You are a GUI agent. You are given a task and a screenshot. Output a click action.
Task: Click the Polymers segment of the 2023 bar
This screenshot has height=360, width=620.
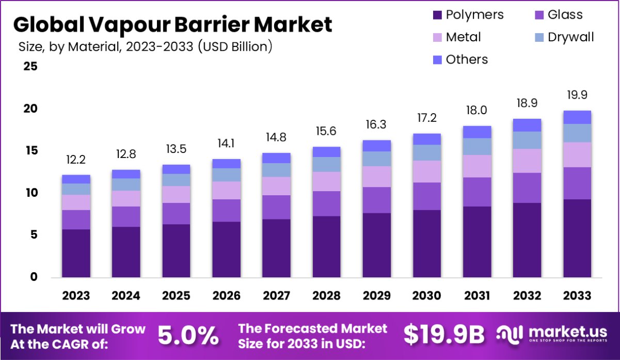tap(76, 253)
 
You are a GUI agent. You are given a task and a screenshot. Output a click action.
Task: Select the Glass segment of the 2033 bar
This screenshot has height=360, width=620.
tap(577, 183)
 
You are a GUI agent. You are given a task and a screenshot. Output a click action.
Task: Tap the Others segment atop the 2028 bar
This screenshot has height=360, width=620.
tap(326, 152)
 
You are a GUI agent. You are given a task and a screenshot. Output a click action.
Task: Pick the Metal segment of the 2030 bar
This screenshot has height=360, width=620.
tap(426, 171)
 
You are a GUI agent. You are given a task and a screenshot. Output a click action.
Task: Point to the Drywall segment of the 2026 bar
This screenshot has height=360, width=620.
tap(226, 175)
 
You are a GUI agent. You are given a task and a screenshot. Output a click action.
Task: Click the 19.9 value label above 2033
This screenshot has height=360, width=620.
tap(577, 95)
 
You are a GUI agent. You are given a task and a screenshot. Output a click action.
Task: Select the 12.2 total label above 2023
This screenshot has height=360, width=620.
tap(76, 160)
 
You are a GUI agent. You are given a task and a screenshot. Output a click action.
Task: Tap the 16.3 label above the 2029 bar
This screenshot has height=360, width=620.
tap(376, 125)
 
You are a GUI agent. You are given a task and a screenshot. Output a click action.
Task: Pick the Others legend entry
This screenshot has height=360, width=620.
tap(466, 59)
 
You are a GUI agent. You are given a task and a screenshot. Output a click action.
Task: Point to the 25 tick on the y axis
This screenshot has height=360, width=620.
tap(29, 67)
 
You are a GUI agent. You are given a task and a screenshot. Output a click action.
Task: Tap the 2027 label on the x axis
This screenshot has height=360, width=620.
tap(276, 296)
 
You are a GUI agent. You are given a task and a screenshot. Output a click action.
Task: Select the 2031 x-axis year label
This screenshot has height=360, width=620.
tap(476, 296)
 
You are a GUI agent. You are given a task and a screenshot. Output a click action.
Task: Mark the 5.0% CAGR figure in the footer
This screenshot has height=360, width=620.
tap(188, 336)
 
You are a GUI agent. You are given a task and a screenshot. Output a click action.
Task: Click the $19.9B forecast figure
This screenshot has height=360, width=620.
tap(444, 336)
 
